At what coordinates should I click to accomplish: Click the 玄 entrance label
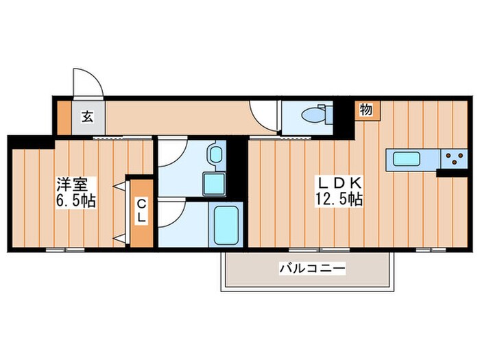[88, 117]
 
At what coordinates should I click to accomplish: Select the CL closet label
[141, 211]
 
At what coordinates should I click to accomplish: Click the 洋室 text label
[73, 185]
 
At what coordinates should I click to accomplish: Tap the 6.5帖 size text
[75, 201]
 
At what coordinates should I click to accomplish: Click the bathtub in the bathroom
[226, 224]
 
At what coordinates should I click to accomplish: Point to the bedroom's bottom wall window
[65, 250]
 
